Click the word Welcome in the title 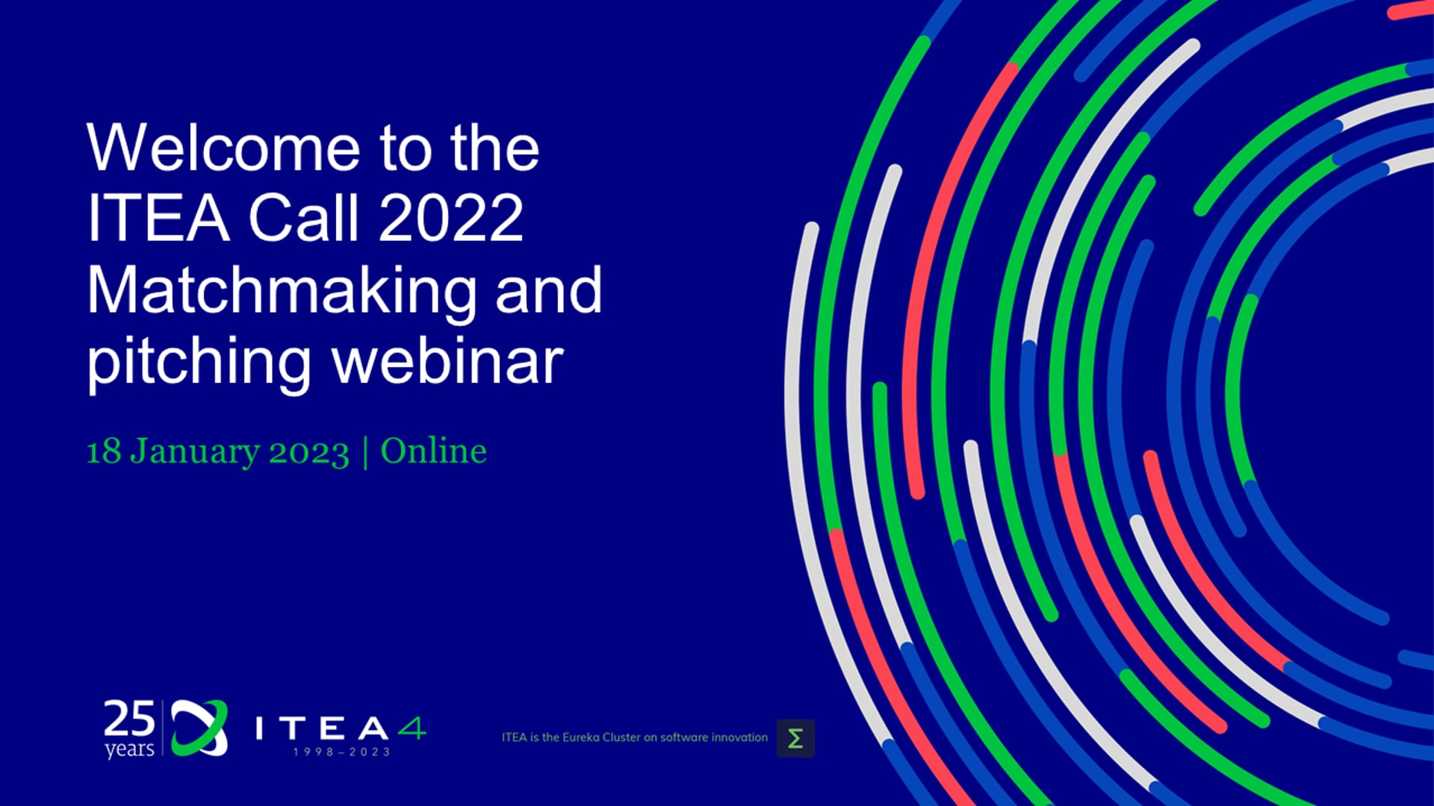pyautogui.click(x=223, y=148)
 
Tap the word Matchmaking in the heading pyautogui.click(x=282, y=292)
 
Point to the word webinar pyautogui.click(x=447, y=361)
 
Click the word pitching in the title pyautogui.click(x=199, y=363)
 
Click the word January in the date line pyautogui.click(x=195, y=452)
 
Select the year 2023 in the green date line pyautogui.click(x=309, y=452)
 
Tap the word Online pyautogui.click(x=434, y=451)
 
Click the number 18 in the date pyautogui.click(x=104, y=452)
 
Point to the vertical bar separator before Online pyautogui.click(x=365, y=452)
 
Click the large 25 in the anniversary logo pyautogui.click(x=129, y=719)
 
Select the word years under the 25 pyautogui.click(x=129, y=749)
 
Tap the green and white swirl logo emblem pyautogui.click(x=199, y=728)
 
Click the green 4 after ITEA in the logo pyautogui.click(x=412, y=728)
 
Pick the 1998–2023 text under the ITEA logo pyautogui.click(x=341, y=752)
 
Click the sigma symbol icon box pyautogui.click(x=795, y=738)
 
